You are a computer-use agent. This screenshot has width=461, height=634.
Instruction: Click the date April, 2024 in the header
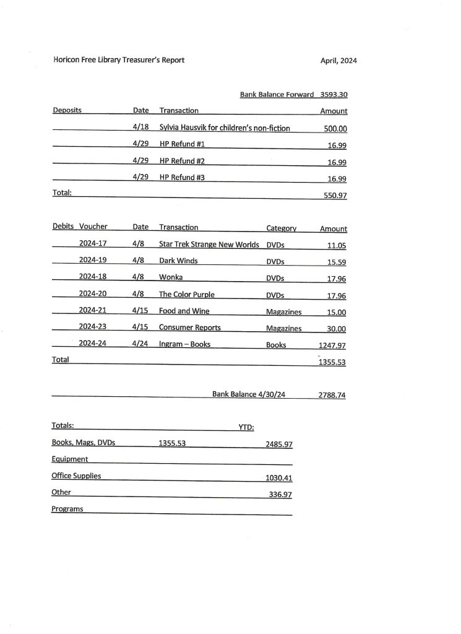338,61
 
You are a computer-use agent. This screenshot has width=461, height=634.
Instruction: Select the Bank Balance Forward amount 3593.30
334,95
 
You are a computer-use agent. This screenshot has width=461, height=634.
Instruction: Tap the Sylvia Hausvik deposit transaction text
225,128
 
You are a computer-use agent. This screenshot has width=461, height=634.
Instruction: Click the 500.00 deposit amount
335,129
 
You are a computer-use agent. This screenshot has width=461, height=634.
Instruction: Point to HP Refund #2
182,162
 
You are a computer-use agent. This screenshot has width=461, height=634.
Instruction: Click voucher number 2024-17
93,244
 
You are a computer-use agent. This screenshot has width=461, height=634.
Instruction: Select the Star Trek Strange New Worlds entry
209,245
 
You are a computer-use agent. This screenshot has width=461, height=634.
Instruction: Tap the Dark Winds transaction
178,261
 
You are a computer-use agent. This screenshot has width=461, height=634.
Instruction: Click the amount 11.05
336,245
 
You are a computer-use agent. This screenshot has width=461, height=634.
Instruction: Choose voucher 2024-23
93,328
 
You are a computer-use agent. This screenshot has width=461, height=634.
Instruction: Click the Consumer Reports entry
189,328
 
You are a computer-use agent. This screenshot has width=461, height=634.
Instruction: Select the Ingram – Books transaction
184,344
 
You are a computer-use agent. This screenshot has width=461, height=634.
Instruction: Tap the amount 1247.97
332,345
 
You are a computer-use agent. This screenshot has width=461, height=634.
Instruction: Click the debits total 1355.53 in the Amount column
332,363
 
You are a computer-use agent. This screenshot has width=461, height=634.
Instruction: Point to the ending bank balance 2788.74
332,395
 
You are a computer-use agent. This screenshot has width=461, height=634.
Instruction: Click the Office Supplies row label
76,476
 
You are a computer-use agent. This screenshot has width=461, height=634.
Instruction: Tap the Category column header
281,228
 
